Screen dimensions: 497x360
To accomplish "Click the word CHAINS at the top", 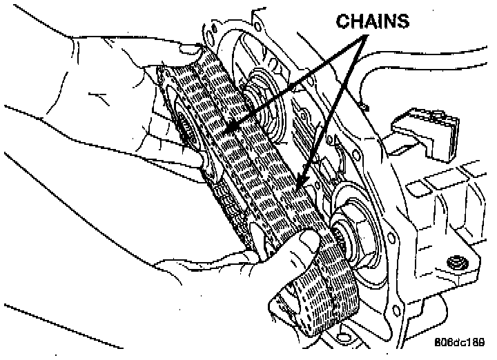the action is (372, 21).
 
